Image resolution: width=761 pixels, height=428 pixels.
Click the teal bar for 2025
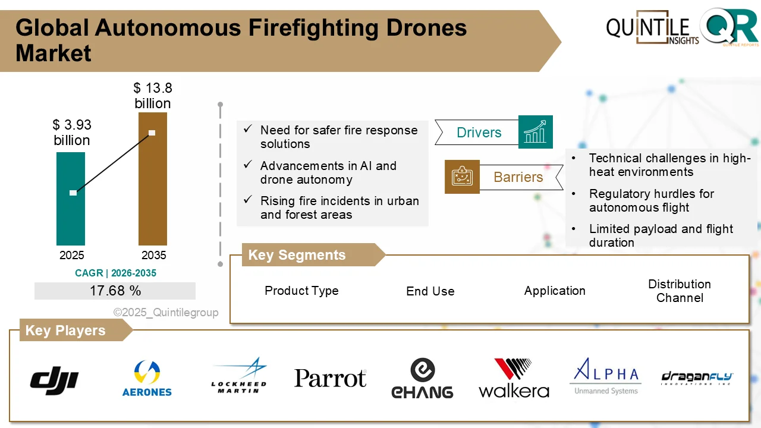[71, 199]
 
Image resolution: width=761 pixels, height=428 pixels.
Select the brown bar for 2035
[153, 178]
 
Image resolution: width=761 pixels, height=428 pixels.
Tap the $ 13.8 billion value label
[153, 96]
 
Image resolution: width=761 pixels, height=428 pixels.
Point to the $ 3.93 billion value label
[71, 133]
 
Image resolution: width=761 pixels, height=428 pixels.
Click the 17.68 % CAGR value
[115, 291]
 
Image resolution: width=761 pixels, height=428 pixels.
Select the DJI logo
[54, 379]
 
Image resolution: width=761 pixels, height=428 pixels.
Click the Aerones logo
[146, 379]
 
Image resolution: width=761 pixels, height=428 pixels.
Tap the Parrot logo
[330, 378]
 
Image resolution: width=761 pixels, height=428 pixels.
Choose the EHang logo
[422, 378]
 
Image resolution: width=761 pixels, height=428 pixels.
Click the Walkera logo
[514, 378]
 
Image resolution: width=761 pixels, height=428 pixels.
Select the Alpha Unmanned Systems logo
[606, 376]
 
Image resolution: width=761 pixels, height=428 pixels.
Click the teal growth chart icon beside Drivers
[535, 132]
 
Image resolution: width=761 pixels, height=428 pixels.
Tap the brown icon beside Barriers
[462, 177]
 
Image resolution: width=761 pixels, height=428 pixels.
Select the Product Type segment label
[301, 291]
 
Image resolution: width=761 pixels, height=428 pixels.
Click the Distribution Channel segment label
[679, 291]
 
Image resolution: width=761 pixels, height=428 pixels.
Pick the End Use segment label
[430, 291]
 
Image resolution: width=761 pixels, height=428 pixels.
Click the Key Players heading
[65, 331]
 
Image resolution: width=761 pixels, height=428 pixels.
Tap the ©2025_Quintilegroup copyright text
[166, 313]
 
